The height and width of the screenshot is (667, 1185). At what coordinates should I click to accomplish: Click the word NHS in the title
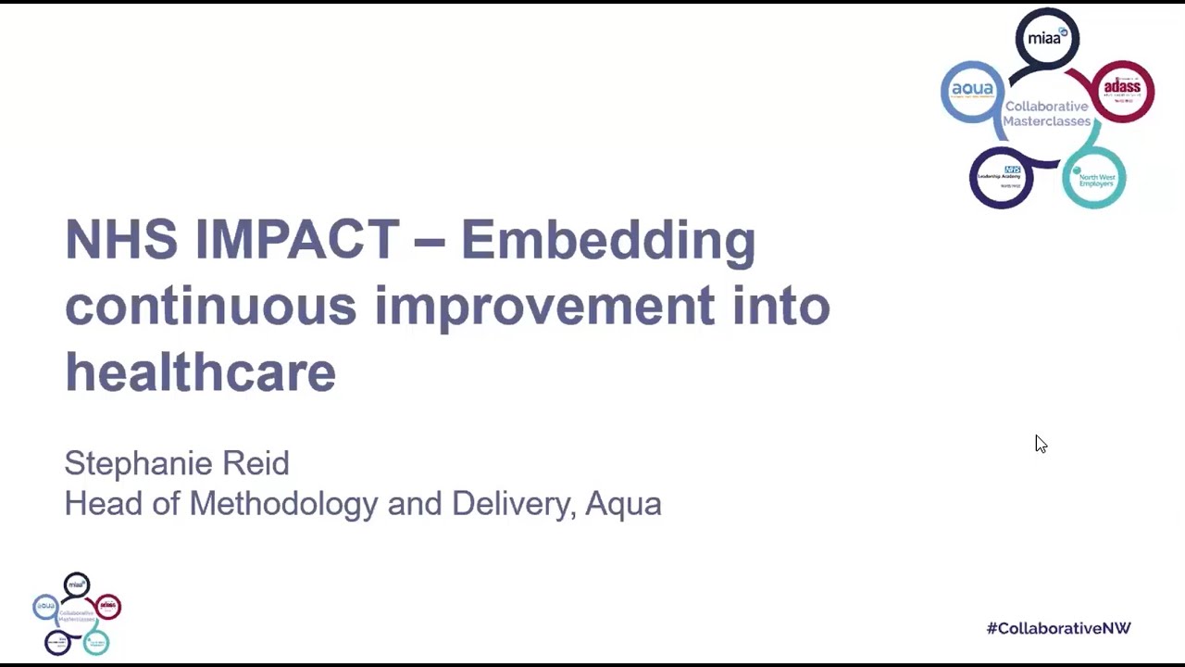[x=120, y=240]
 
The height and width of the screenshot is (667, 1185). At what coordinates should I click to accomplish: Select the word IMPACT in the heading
[x=296, y=240]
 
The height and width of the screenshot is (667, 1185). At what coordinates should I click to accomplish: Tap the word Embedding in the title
[x=607, y=240]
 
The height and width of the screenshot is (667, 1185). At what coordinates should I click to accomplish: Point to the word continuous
[x=210, y=306]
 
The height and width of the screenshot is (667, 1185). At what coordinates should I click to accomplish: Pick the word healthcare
[x=200, y=372]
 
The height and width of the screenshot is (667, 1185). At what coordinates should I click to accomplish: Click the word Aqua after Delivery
[x=623, y=504]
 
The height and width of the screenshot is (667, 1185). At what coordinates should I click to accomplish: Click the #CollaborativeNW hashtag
[x=1058, y=628]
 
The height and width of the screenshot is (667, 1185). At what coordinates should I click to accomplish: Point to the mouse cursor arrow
[x=1041, y=444]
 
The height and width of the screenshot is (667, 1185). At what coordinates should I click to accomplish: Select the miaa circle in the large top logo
[x=1047, y=38]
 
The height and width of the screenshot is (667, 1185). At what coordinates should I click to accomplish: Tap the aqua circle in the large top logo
[x=972, y=90]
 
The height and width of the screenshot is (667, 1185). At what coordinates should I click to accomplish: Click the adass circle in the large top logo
[x=1123, y=90]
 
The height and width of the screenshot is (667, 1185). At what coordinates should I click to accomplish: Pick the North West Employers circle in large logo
[x=1094, y=178]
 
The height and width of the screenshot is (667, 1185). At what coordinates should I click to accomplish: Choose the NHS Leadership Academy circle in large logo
[x=1000, y=177]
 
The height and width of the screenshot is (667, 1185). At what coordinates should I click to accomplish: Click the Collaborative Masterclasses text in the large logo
[x=1047, y=113]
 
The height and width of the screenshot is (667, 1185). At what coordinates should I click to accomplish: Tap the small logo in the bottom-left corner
[x=77, y=613]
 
